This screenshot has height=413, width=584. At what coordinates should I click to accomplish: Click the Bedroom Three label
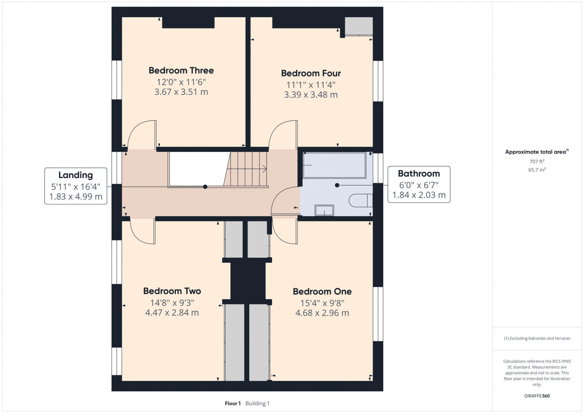181,70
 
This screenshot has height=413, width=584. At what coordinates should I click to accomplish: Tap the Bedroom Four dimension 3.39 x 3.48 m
311,95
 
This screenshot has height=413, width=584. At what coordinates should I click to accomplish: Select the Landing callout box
76,186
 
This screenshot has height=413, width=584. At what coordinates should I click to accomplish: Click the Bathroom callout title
419,173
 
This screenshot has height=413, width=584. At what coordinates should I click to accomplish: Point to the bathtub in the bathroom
334,165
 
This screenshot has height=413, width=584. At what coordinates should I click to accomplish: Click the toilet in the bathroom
361,201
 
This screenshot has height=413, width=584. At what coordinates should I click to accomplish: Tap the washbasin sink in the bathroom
324,211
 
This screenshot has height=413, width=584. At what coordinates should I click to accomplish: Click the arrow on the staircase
264,169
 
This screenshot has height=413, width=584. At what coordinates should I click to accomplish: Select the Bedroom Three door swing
142,134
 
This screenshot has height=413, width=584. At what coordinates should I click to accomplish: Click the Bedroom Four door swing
283,134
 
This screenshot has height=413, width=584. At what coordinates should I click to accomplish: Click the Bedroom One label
322,292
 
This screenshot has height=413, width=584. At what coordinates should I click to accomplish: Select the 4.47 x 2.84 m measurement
172,313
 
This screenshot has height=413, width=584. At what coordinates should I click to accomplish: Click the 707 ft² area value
537,161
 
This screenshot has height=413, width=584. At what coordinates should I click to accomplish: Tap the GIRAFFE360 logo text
537,396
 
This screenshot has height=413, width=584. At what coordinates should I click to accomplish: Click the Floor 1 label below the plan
233,404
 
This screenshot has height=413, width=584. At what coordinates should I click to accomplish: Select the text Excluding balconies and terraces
539,338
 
